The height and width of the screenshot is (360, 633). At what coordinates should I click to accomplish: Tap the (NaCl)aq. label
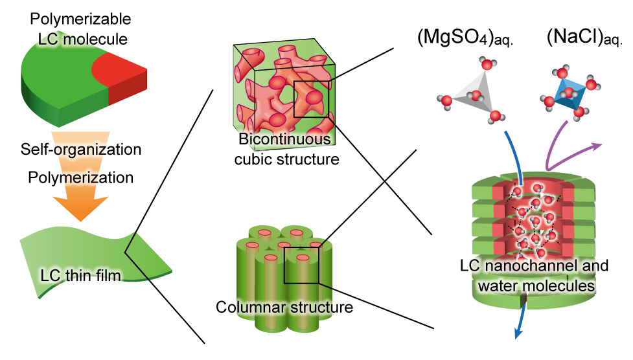tap(584, 39)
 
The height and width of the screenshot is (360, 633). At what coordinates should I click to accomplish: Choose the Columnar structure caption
tap(284, 306)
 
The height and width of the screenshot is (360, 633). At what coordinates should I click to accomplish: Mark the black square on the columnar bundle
tap(302, 265)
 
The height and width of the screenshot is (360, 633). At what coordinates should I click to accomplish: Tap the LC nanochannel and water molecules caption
tap(534, 275)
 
